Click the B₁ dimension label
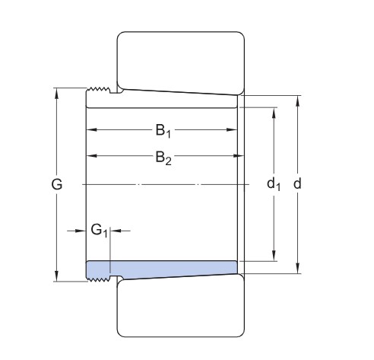pos(163,131)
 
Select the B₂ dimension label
pos(163,157)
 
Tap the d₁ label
pos(274,184)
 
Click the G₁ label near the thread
pos(98,229)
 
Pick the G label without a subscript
pos(57,184)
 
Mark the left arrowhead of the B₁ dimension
pos(89,131)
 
